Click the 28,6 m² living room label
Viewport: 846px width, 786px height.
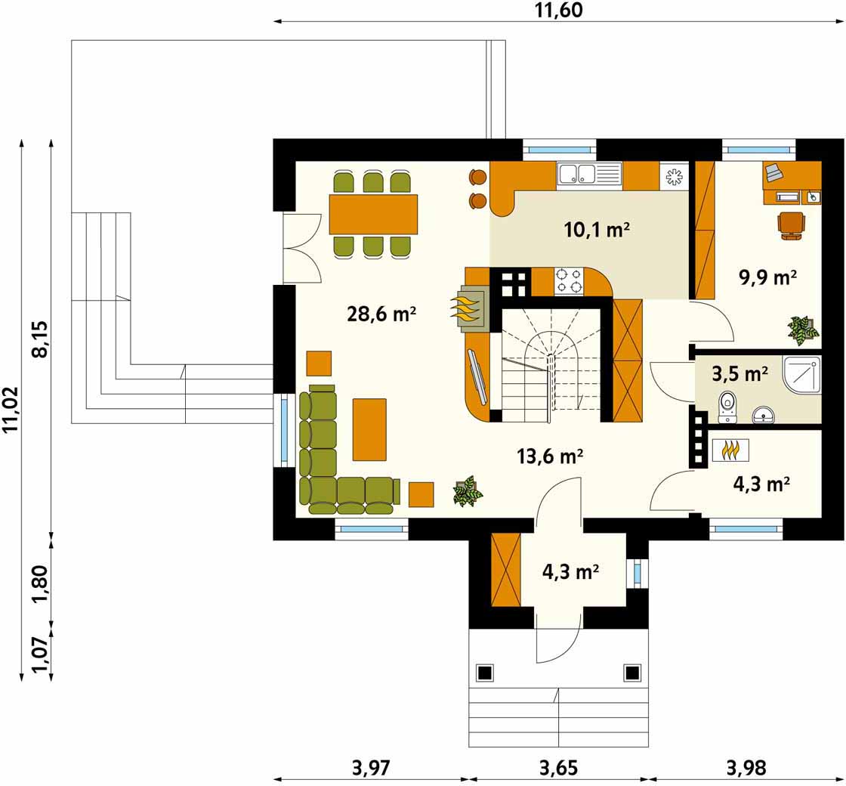click(x=381, y=314)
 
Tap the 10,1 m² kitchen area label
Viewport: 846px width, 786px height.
click(x=597, y=230)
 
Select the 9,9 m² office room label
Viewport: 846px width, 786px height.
click(x=767, y=277)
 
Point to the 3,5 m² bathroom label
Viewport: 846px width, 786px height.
click(x=739, y=373)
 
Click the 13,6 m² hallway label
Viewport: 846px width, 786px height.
click(x=550, y=456)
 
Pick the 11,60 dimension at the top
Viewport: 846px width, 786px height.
click(x=559, y=11)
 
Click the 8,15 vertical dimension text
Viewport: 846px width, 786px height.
click(x=41, y=339)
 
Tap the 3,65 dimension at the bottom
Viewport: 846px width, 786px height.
click(x=558, y=767)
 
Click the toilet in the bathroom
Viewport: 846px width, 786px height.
click(x=728, y=407)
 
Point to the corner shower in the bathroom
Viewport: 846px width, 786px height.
click(x=801, y=375)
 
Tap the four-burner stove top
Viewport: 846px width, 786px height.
click(x=569, y=281)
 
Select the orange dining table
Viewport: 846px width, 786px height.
click(x=373, y=215)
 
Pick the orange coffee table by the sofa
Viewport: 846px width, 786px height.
click(x=369, y=430)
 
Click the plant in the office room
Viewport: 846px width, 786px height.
click(x=804, y=330)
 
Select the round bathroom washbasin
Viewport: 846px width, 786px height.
click(x=764, y=414)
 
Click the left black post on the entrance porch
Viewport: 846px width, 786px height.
click(x=484, y=673)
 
